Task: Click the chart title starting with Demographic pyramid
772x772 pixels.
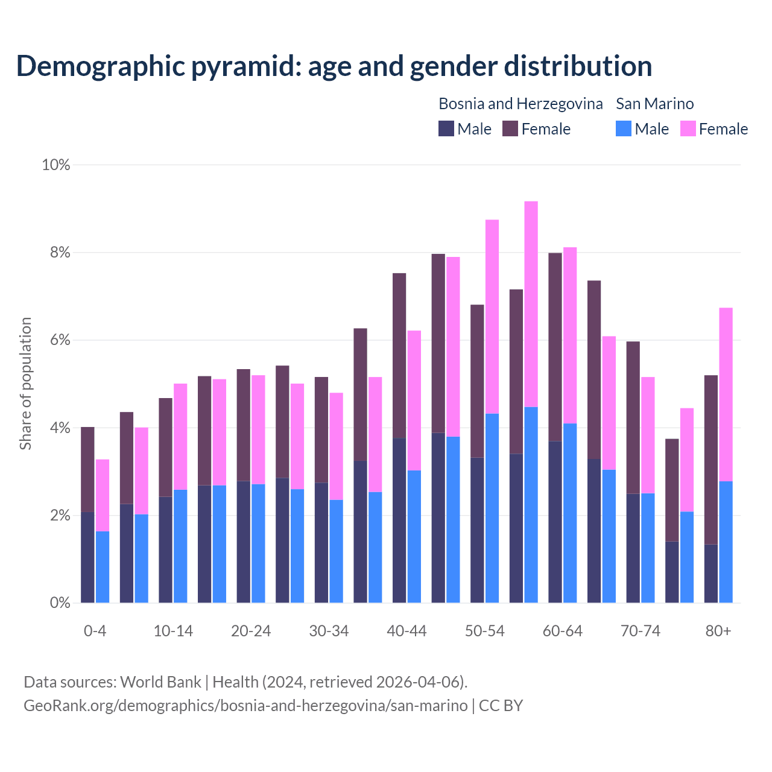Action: (x=334, y=66)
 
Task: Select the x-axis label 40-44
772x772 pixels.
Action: (x=407, y=631)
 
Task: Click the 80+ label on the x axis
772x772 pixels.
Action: (x=718, y=631)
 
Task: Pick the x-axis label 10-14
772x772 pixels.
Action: (x=173, y=631)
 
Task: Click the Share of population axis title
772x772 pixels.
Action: (x=26, y=384)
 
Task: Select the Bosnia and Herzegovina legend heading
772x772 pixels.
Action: (x=520, y=104)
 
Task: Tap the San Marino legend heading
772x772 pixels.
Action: (x=654, y=104)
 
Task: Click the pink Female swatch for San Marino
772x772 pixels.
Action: (x=688, y=129)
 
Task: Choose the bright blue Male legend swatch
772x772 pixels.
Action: (x=624, y=129)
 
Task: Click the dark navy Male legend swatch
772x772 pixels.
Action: (x=446, y=129)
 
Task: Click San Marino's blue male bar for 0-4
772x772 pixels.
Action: (x=103, y=567)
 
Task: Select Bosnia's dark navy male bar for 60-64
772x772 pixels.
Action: (x=555, y=522)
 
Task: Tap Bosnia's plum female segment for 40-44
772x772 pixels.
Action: (x=399, y=355)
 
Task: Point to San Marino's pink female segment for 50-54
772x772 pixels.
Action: (x=492, y=316)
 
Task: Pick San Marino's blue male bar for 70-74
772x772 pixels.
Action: (x=648, y=548)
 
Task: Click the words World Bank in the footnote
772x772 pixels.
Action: (x=161, y=682)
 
